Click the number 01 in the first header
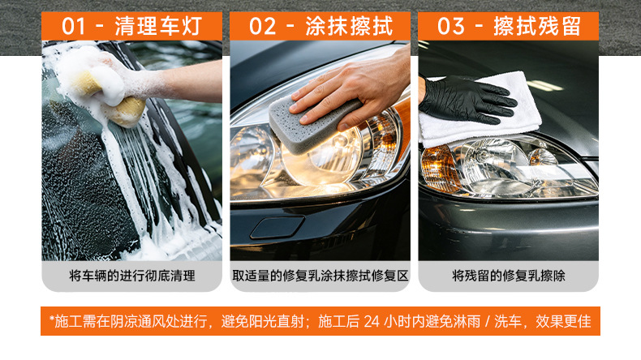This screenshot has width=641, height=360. coord(74,27)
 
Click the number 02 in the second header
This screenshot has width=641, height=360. coord(262,27)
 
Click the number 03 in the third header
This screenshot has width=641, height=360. coord(450,27)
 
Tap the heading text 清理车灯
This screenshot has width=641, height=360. coord(158,27)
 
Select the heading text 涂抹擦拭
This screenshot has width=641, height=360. coord(349,27)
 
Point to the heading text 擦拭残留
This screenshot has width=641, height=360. coord(537,27)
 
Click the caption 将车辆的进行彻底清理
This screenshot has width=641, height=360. coord(132,276)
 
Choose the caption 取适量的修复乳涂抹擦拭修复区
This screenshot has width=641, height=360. coord(320,276)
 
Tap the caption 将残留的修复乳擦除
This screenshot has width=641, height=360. coord(509,276)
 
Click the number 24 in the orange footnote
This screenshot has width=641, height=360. coord(372,322)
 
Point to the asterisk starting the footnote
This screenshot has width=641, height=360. coord(52,319)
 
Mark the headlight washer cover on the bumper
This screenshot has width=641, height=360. coord(277,227)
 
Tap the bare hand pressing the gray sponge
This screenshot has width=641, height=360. coord(351,92)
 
